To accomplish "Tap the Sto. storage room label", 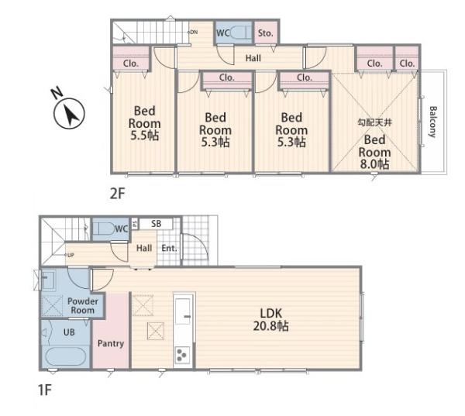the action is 265,33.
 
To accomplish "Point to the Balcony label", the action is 433,122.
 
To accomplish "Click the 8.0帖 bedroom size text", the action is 374,164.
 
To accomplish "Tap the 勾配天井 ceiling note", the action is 374,122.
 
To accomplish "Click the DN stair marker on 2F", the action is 193,32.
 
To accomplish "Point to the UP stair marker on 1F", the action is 70,255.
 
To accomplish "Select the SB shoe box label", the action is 156,224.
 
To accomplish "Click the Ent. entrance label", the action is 169,248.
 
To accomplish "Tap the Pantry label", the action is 111,343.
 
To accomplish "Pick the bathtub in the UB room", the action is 66,356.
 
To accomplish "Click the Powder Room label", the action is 82,306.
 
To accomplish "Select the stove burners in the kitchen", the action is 182,355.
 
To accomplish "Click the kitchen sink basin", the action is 183,311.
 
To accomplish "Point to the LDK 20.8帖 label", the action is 270,320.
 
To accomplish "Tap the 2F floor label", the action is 118,194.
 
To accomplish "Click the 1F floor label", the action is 45,390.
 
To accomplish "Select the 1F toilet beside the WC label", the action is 104,229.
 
